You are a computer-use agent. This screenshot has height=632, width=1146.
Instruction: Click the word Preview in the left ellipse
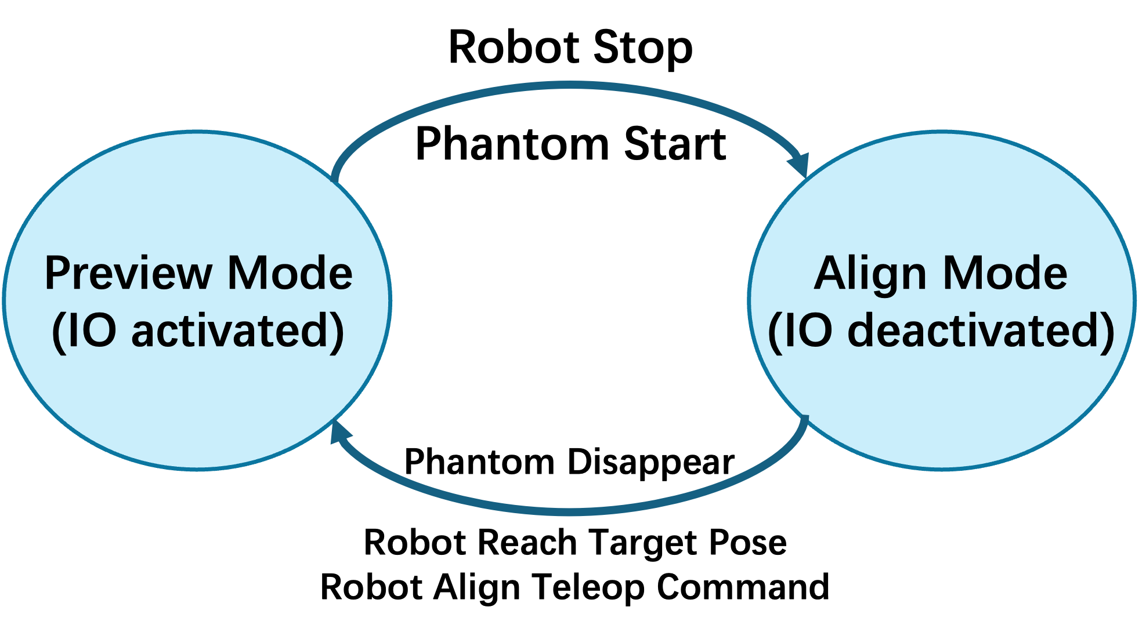coord(128,274)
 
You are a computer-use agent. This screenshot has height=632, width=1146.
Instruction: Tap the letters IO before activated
coord(92,330)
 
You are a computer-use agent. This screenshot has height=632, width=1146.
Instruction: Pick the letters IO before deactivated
coord(809,330)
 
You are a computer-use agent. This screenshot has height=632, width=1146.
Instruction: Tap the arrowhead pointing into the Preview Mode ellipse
coord(339,432)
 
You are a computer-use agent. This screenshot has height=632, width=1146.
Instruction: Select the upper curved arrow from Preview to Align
coord(569,86)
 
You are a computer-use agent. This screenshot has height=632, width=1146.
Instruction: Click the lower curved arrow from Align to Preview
coord(569,511)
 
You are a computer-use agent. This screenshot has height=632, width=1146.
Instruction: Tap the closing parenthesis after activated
coord(338,332)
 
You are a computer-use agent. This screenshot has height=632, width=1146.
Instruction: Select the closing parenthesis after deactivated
coord(1107,332)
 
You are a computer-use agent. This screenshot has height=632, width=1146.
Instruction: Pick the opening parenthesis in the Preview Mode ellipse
coord(58,332)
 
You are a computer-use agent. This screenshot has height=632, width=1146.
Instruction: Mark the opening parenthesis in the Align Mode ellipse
coord(775,332)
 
